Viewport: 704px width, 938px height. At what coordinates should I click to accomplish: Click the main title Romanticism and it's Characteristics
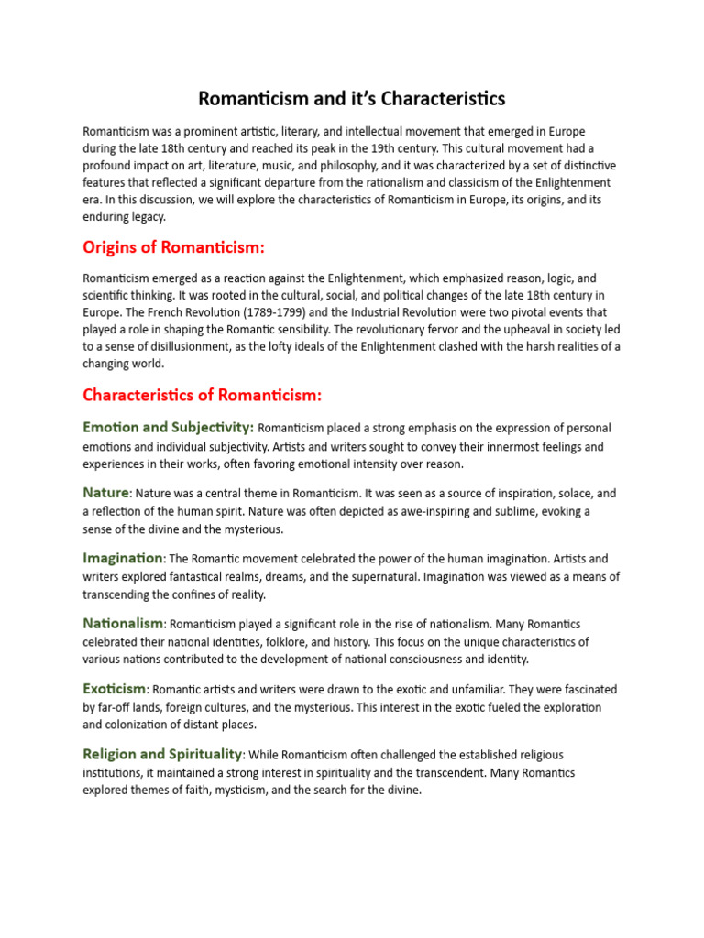(352, 98)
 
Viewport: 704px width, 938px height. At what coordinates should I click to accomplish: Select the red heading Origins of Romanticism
(174, 248)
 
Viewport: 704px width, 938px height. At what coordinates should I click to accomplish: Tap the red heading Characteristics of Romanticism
(202, 395)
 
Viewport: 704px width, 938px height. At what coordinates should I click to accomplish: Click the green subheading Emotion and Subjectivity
(168, 428)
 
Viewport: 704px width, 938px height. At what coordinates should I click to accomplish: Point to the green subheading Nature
(105, 493)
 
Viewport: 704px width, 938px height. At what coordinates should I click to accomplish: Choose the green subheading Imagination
(123, 558)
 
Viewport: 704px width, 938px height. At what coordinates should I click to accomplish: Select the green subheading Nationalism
(123, 624)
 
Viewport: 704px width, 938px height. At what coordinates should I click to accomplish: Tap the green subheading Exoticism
(115, 689)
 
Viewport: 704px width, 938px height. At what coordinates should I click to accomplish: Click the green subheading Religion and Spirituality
(162, 755)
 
